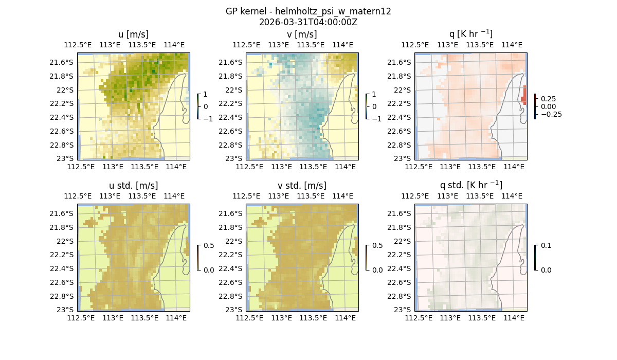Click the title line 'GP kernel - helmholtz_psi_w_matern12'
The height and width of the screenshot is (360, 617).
tap(308, 11)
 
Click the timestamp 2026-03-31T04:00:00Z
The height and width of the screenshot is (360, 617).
tap(308, 22)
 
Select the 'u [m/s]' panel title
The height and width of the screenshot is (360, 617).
tap(133, 34)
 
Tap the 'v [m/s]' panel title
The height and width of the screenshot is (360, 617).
tap(302, 34)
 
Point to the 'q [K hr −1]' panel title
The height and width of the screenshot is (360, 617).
tap(470, 34)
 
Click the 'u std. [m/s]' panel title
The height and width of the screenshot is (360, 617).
tap(133, 186)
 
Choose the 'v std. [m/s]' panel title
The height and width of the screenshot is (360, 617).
tap(302, 186)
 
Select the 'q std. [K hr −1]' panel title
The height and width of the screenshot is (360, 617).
tap(470, 185)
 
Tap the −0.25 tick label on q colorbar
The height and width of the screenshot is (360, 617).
tap(551, 114)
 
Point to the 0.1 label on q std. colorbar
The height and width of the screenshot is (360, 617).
tap(545, 246)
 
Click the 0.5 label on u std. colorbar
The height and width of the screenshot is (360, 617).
tap(209, 246)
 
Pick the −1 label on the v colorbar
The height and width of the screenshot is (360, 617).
tap(377, 119)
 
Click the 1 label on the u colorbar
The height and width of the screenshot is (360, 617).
tap(206, 95)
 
